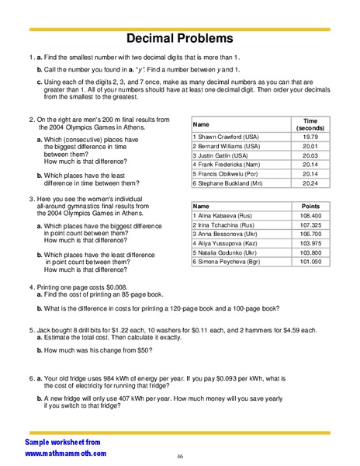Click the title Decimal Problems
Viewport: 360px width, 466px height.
coord(180,38)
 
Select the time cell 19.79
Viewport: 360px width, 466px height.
coord(310,136)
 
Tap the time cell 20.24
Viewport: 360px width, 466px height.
coord(310,184)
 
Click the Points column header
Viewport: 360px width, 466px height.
coord(310,206)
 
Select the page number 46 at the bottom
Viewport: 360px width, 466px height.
coord(180,456)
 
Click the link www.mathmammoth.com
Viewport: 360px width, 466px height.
coord(65,453)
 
